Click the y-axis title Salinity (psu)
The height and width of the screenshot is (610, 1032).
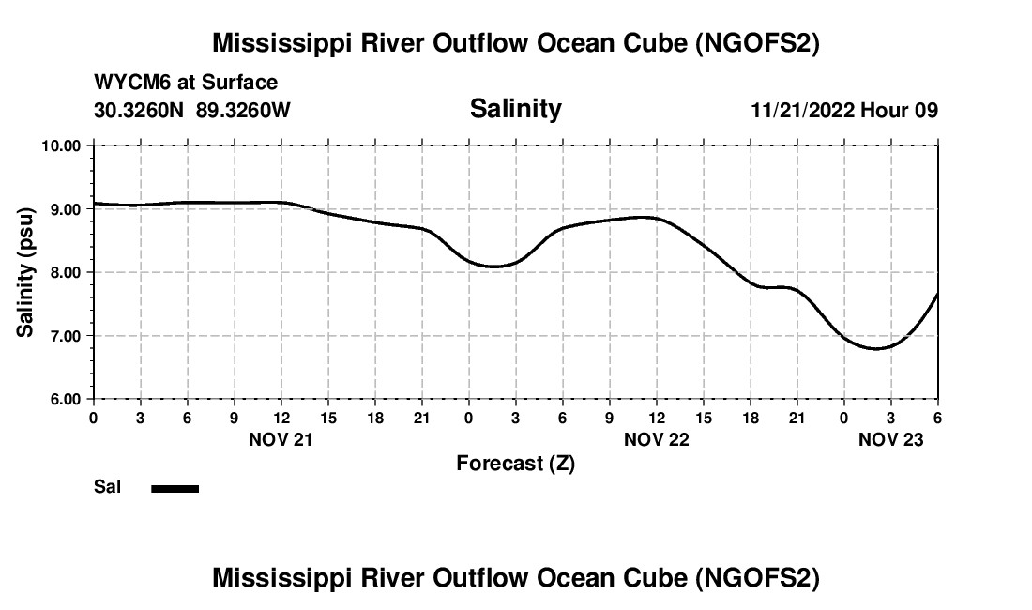tap(25, 272)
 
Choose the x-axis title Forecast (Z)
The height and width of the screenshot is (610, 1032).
tap(515, 464)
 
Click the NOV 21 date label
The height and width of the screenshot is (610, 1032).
tap(281, 439)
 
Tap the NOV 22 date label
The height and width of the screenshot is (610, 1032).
tap(656, 439)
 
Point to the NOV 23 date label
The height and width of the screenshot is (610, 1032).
tap(891, 439)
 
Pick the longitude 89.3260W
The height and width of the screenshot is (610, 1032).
tap(243, 110)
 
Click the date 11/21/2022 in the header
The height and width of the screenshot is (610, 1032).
tap(802, 110)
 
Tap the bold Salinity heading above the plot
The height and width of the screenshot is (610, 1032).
tap(515, 109)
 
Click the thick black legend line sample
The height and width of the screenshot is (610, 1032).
tap(175, 488)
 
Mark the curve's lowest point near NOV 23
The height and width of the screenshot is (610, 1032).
tap(877, 348)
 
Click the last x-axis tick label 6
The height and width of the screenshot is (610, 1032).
tap(937, 417)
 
